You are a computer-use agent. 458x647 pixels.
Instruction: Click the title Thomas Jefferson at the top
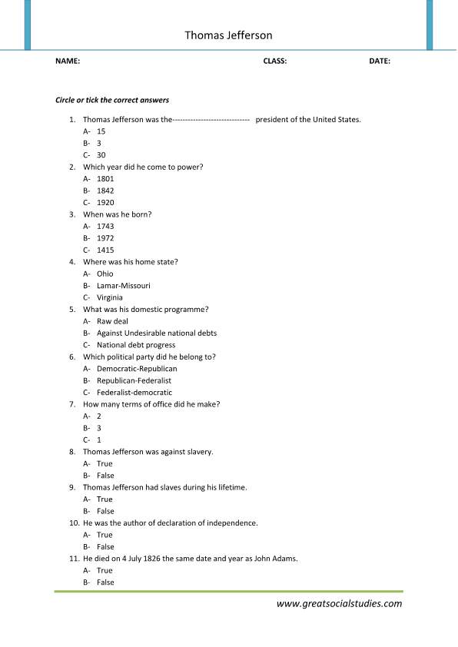click(x=228, y=35)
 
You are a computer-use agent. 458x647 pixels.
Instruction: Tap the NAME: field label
click(x=68, y=61)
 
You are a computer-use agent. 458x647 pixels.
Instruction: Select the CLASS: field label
click(x=274, y=61)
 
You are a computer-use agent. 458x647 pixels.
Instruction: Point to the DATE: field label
click(x=380, y=61)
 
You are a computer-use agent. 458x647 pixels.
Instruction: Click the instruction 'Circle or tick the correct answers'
click(x=112, y=100)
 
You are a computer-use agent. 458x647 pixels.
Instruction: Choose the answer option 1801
click(x=105, y=179)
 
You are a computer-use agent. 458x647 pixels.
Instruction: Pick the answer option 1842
click(x=105, y=191)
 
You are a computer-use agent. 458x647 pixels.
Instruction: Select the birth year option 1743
click(x=105, y=227)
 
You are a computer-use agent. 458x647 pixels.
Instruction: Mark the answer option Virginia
click(x=109, y=297)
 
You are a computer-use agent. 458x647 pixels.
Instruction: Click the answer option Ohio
click(x=105, y=274)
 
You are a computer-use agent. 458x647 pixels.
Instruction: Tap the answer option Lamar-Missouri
click(x=123, y=286)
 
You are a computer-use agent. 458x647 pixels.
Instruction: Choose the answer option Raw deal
click(x=114, y=321)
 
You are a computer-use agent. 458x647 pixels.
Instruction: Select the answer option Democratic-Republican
click(x=137, y=369)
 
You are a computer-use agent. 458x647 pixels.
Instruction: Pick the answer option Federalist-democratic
click(x=134, y=393)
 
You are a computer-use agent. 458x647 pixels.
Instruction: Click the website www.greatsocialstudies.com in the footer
click(x=339, y=604)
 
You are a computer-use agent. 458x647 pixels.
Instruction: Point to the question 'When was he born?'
click(x=117, y=214)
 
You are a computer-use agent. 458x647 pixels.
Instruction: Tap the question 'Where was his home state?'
click(x=131, y=262)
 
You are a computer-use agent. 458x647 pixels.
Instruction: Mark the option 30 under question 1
click(x=101, y=155)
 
